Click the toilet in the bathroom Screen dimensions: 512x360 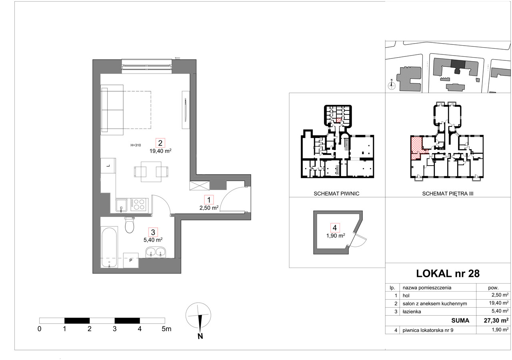[129, 225]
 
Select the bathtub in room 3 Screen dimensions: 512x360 [109, 247]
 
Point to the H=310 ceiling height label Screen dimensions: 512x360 [136, 145]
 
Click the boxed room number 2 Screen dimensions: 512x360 [160, 143]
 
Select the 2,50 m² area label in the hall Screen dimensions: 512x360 [209, 208]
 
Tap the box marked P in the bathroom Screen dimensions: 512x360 [131, 260]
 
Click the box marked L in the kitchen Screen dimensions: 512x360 [108, 166]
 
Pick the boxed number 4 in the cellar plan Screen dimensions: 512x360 [335, 228]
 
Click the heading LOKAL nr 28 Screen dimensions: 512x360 [448, 274]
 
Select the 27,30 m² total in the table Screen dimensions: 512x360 [496, 320]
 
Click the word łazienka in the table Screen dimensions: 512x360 [412, 312]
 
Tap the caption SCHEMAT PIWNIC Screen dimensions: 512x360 [336, 194]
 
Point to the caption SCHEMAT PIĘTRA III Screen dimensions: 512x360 [448, 194]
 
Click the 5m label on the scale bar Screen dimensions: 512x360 [166, 329]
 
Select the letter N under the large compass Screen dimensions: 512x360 [200, 336]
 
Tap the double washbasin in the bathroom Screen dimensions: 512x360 [156, 252]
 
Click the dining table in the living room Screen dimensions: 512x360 [151, 172]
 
